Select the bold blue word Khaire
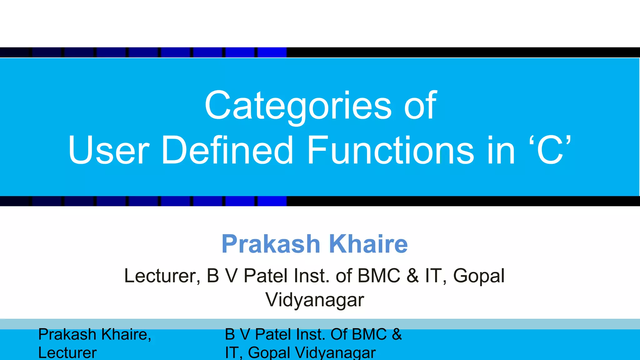[368, 244]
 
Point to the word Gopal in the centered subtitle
[479, 276]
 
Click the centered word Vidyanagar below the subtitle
[315, 300]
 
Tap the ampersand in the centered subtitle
[412, 276]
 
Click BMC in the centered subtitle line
[379, 276]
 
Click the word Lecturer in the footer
[67, 353]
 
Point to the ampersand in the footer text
[397, 334]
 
